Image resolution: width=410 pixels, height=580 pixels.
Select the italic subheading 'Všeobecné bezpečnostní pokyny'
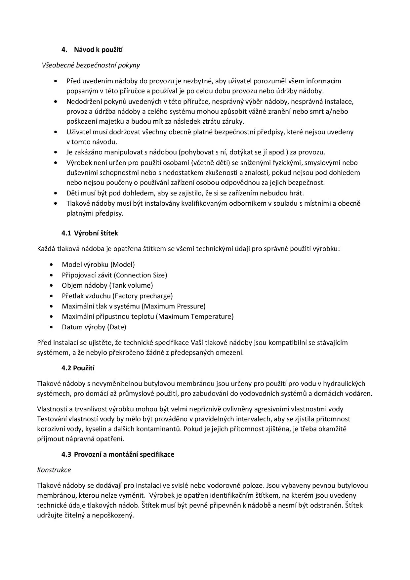[x=91, y=65]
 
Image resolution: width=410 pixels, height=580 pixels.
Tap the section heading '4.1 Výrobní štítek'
[x=90, y=233]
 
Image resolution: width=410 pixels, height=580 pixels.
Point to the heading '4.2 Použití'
[x=78, y=368]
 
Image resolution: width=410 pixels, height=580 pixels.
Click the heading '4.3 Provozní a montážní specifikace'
[x=118, y=454]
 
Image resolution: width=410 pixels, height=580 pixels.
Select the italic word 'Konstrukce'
[x=54, y=470]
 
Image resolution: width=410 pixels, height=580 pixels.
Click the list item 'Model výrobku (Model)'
[x=98, y=265]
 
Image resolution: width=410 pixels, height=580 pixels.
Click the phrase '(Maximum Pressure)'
[x=173, y=306]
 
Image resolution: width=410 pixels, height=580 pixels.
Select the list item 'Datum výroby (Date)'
[x=94, y=327]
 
